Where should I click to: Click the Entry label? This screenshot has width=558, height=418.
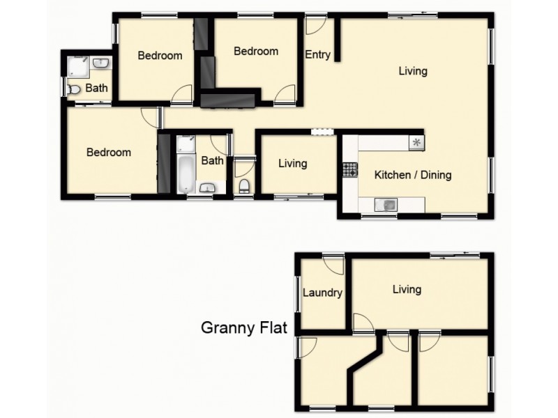click(317, 56)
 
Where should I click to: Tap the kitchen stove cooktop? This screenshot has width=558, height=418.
click(349, 169)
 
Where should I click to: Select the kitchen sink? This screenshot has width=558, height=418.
click(385, 204)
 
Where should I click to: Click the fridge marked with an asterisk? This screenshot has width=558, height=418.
click(416, 143)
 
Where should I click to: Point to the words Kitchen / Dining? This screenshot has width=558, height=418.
click(413, 175)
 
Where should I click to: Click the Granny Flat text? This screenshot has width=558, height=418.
click(244, 327)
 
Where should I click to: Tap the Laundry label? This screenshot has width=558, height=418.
click(322, 293)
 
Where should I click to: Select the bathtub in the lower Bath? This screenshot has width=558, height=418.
click(185, 175)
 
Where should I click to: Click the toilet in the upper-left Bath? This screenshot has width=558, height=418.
click(74, 89)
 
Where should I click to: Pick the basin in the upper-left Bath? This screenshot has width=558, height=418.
click(102, 63)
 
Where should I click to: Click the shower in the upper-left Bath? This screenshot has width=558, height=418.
click(78, 66)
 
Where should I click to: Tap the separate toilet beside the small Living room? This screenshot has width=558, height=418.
click(244, 186)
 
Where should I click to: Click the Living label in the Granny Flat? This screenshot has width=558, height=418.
click(407, 289)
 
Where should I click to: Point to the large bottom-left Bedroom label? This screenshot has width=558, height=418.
click(108, 153)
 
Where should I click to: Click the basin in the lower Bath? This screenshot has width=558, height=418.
click(208, 187)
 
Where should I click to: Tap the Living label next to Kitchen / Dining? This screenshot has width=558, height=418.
click(292, 164)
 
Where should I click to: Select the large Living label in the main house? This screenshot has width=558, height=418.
click(413, 70)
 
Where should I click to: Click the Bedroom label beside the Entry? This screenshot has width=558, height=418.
click(255, 51)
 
